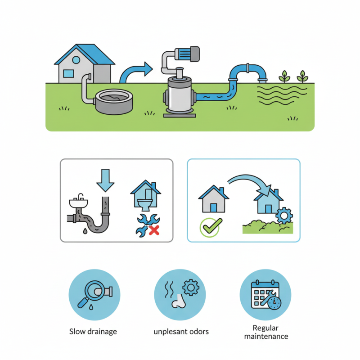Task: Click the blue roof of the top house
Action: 86,54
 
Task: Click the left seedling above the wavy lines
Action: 284,76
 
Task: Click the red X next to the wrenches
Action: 154,230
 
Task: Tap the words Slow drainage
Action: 93,332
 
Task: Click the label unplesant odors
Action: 181,332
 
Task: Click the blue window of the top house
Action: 68,73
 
